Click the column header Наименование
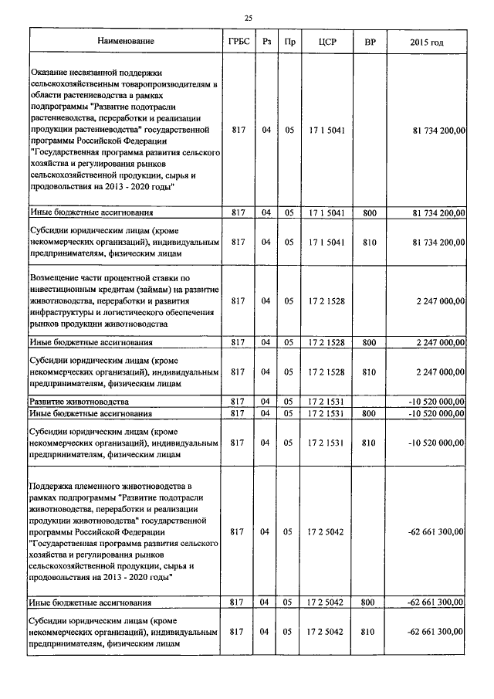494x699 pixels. click(x=126, y=41)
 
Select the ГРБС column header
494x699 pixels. click(x=239, y=41)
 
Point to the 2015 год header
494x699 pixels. click(x=428, y=41)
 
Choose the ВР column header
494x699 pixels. click(x=370, y=41)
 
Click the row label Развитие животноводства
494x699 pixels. click(x=79, y=402)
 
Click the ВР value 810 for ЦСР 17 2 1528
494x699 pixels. click(x=369, y=372)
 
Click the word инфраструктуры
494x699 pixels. click(x=66, y=314)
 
